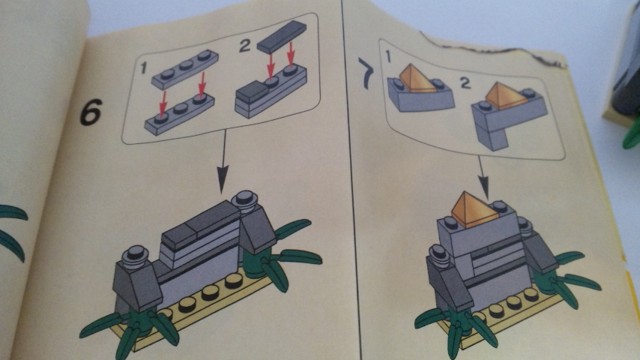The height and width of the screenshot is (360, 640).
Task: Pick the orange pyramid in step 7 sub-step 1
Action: pyautogui.click(x=414, y=78)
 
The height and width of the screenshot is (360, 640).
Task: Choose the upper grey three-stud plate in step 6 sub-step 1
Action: pyautogui.click(x=185, y=68)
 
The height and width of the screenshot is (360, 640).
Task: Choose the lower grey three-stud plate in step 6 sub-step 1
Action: pyautogui.click(x=178, y=117)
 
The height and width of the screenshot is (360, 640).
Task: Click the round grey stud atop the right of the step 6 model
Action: pyautogui.click(x=244, y=199)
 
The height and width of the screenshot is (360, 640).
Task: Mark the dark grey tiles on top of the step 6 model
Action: pyautogui.click(x=198, y=224)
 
